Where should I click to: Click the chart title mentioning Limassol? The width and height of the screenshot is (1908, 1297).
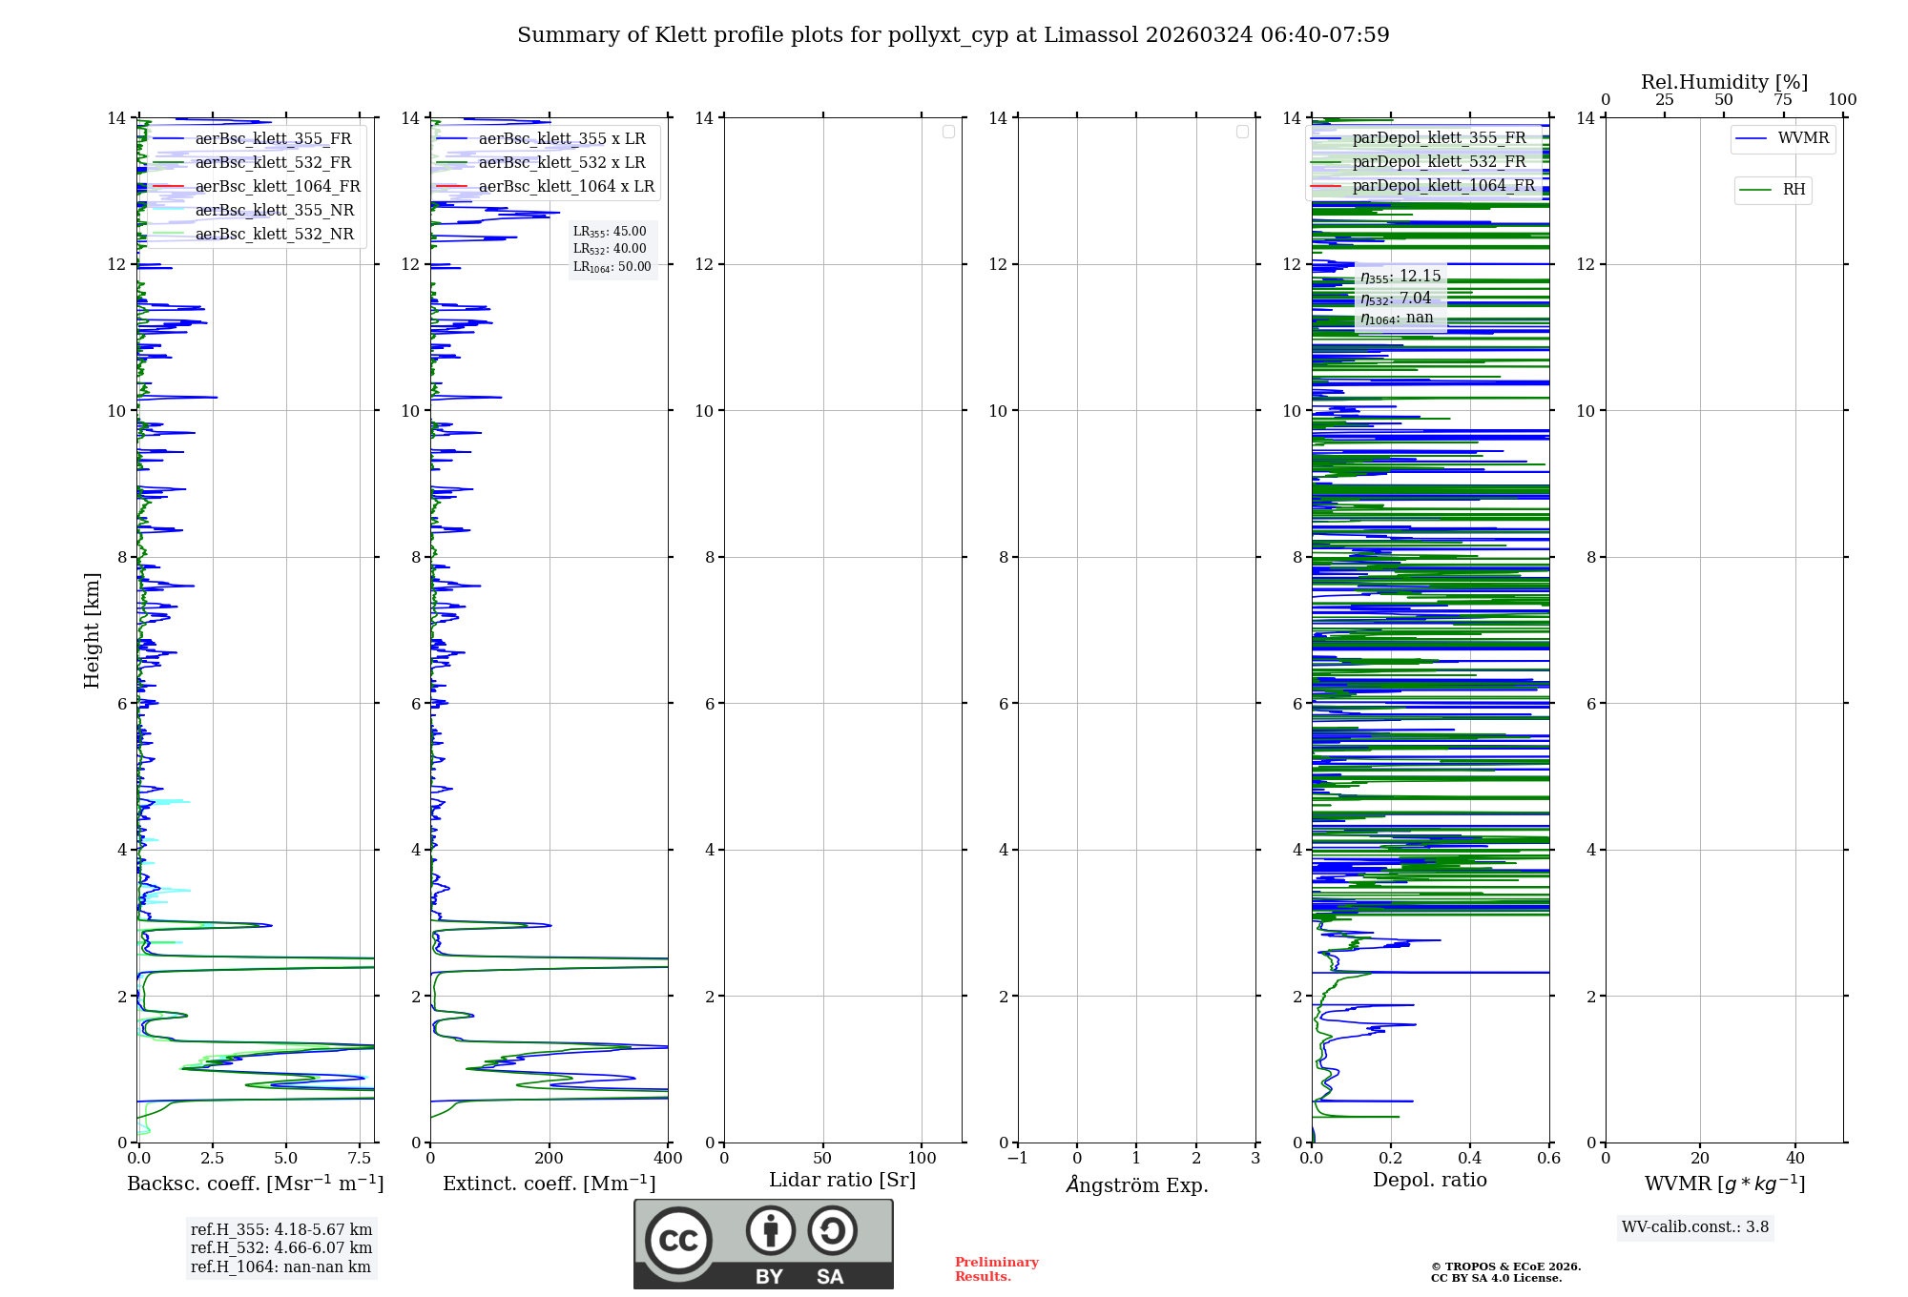click(953, 35)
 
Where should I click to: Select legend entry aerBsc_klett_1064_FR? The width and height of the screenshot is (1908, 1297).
click(277, 187)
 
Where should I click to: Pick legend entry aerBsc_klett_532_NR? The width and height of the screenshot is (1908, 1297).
click(274, 235)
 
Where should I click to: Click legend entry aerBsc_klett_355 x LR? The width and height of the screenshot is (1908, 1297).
click(561, 139)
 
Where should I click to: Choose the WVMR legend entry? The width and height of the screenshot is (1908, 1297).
click(1802, 138)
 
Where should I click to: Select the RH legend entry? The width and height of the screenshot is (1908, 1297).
click(1793, 190)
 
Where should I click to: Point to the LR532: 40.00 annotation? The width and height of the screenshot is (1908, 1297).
click(610, 249)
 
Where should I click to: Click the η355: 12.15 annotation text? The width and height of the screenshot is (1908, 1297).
click(1400, 277)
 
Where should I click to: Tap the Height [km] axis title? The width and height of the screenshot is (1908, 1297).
click(92, 629)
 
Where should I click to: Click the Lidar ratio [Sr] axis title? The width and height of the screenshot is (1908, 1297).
click(842, 1181)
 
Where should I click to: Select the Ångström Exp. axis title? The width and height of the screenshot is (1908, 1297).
click(1136, 1184)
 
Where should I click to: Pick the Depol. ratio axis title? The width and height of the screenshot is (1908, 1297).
click(1429, 1181)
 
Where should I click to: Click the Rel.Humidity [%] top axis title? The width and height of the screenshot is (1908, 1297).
click(1724, 82)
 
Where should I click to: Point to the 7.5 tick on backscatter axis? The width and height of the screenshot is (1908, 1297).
click(360, 1159)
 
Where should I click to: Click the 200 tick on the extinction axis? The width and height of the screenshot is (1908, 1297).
click(549, 1159)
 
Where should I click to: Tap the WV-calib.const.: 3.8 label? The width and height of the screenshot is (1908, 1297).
click(1695, 1227)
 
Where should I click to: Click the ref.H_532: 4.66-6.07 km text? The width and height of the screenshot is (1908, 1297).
click(281, 1248)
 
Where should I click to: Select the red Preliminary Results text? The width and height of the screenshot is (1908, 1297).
click(996, 1269)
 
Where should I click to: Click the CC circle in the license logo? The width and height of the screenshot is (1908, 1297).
click(678, 1241)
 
